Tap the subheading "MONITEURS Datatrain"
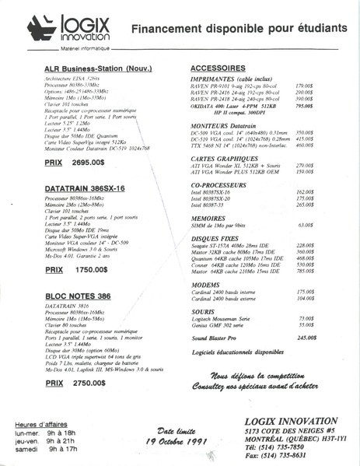click(x=225, y=124)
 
